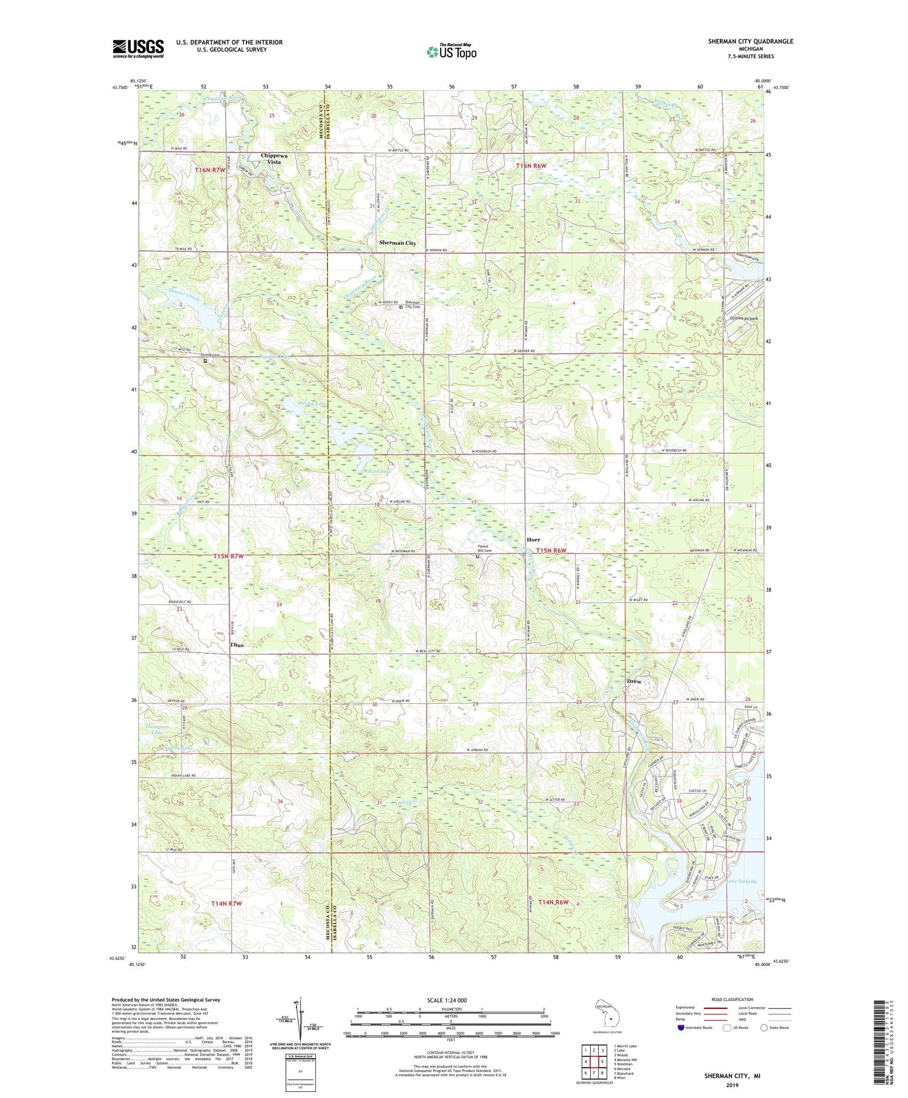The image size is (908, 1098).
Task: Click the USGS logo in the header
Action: tap(138, 48)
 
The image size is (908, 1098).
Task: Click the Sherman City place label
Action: tap(397, 243)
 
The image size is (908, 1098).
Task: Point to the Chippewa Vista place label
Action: tap(274, 158)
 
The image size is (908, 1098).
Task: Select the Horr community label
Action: tap(533, 540)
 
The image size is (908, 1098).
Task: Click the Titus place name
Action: tap(237, 645)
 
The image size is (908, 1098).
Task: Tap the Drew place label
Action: tap(634, 681)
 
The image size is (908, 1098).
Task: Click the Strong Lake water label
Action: tap(312, 403)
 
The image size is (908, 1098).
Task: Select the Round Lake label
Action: tap(378, 471)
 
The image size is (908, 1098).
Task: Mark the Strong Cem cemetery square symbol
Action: tap(205, 361)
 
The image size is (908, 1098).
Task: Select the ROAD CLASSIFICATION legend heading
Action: tap(732, 999)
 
